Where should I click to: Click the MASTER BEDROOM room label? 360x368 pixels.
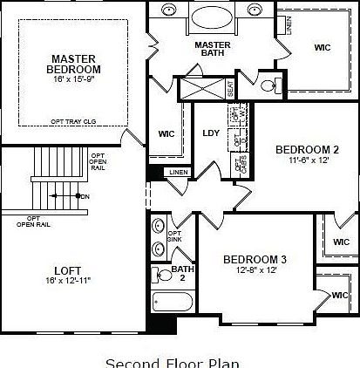click(74, 64)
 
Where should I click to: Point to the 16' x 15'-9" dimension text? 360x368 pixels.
click(74, 78)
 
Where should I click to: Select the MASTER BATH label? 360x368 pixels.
click(212, 50)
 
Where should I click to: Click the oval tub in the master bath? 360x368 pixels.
click(214, 19)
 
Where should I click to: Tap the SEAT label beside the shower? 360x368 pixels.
click(230, 88)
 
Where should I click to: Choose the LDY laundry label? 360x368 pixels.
click(211, 133)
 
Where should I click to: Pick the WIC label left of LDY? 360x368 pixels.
click(167, 134)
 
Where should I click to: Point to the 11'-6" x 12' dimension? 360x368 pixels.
click(301, 160)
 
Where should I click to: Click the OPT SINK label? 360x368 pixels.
click(174, 236)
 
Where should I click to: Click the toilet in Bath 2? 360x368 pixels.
click(161, 276)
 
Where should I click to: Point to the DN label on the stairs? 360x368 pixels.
click(85, 196)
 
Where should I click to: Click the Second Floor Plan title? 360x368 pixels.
click(172, 361)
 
